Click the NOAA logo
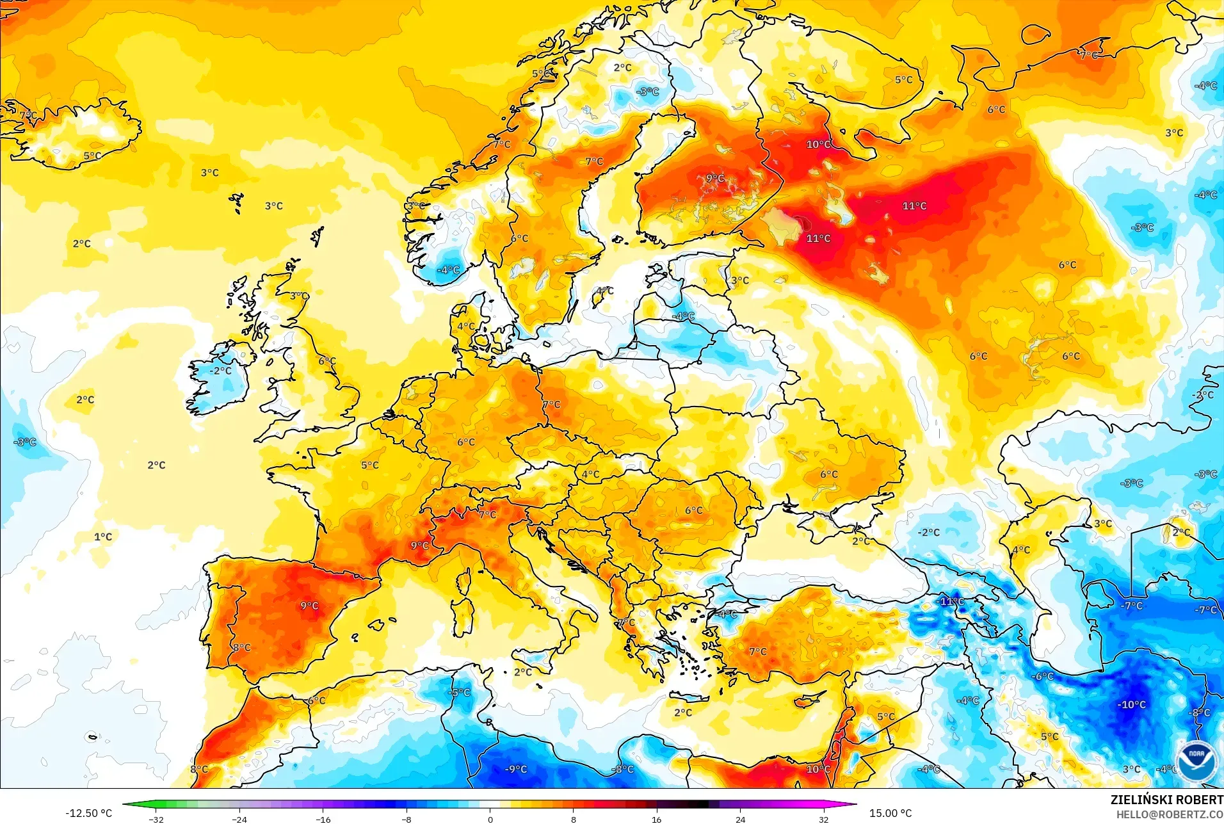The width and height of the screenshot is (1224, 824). tap(1196, 759)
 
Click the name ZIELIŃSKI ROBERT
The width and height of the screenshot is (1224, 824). tap(1166, 800)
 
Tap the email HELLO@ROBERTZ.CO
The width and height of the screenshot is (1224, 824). tap(1170, 814)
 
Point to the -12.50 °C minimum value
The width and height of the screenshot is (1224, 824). tap(88, 813)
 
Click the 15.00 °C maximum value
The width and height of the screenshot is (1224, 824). tap(890, 813)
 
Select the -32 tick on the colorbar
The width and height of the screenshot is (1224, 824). tap(156, 820)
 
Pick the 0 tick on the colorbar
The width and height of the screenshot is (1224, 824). tap(490, 820)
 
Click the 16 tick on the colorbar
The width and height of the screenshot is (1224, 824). tap(656, 820)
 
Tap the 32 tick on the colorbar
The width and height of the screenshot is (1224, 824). tap(823, 820)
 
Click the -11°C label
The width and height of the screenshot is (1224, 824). tap(951, 601)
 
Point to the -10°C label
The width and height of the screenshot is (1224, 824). tap(1131, 704)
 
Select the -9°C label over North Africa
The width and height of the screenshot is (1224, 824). tap(515, 769)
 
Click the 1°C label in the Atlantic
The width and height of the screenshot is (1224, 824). tap(103, 537)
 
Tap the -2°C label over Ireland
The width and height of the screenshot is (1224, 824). tap(221, 371)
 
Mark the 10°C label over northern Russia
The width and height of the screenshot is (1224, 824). tap(818, 144)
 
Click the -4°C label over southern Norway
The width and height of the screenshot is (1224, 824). tap(448, 270)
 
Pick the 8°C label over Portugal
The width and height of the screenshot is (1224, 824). tap(241, 647)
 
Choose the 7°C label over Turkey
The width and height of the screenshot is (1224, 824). tap(758, 651)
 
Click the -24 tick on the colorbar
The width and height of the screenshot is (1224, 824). tap(239, 820)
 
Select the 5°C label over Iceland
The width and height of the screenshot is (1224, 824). tap(92, 156)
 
